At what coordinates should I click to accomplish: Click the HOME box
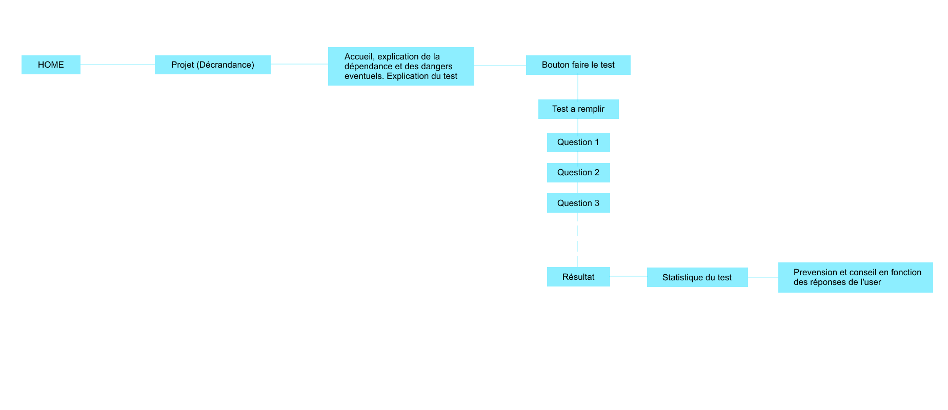pos(51,65)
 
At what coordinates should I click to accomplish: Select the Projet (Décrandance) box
pos(212,65)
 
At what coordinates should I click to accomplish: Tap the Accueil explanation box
pos(401,66)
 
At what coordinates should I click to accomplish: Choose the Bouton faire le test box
pos(578,65)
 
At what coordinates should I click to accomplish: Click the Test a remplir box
pos(578,109)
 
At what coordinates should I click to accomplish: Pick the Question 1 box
pos(578,142)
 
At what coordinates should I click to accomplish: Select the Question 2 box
pos(578,172)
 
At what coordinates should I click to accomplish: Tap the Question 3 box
pos(578,203)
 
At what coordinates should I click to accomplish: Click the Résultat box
pos(578,277)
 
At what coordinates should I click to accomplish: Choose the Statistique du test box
pos(697,277)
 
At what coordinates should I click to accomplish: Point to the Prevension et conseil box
pos(855,277)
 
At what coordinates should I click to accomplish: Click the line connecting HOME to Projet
pos(117,65)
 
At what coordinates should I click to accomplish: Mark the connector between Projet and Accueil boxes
pos(299,64)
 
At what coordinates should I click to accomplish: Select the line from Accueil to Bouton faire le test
pos(500,66)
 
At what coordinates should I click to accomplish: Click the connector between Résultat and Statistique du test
pos(628,276)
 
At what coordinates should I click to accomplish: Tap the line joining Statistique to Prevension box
pos(763,277)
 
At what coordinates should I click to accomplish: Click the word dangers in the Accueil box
pos(436,66)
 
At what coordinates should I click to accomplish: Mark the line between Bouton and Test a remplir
pos(578,87)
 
